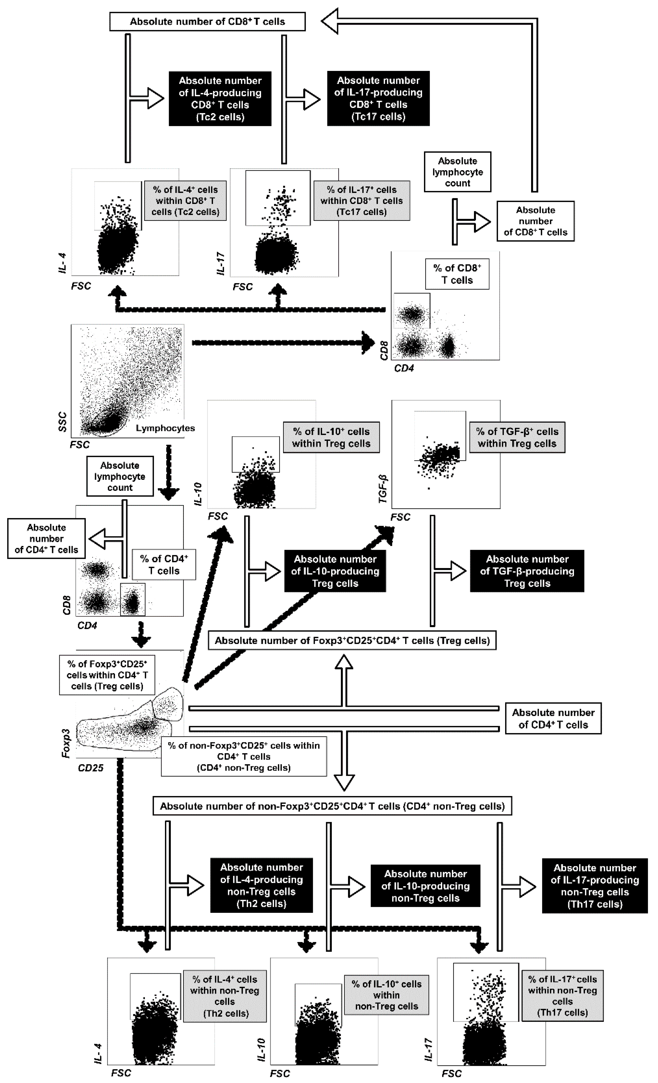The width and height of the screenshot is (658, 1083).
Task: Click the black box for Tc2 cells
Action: point(220,99)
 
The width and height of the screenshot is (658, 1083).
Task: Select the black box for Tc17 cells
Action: point(378,99)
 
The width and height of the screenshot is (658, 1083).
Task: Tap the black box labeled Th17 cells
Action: point(595,886)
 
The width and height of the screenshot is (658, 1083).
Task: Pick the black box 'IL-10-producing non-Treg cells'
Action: point(425,886)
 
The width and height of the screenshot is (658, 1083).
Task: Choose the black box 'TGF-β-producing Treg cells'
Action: point(527,571)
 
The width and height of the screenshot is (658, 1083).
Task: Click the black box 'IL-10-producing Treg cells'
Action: point(335,571)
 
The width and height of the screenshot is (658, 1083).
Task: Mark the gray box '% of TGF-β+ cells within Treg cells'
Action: point(517,437)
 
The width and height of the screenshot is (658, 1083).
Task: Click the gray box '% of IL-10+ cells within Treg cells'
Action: point(331,437)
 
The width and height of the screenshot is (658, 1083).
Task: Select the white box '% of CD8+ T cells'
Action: point(457,274)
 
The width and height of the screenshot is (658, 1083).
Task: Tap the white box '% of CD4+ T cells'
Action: point(164,565)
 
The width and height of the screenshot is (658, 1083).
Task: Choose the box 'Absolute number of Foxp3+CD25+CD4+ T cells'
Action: point(352,640)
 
